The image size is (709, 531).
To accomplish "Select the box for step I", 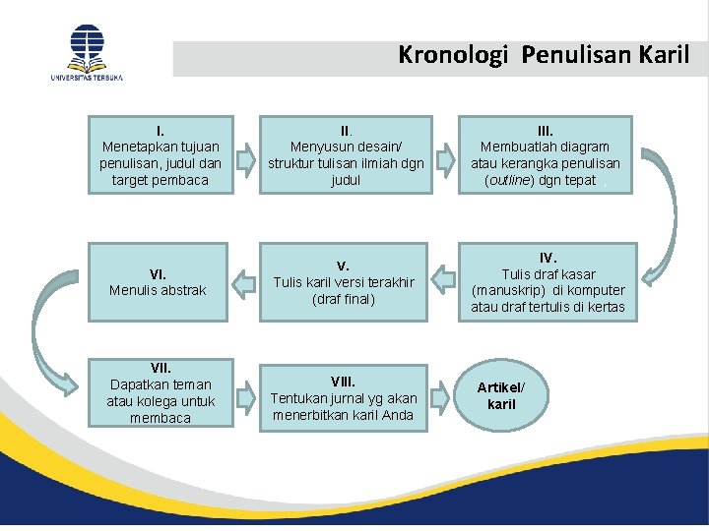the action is point(161,154).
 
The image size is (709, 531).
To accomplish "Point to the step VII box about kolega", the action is point(161,391).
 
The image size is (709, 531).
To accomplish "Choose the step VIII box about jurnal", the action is point(344,399).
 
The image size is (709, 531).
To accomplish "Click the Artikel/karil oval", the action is point(501,397).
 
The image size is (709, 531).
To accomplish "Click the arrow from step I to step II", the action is point(247,155).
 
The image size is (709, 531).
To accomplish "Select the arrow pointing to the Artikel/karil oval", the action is point(446,397).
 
